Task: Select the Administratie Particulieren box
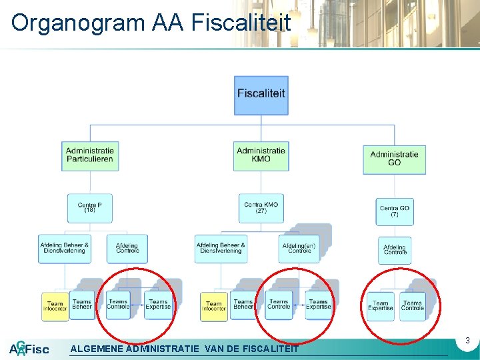point(90,155)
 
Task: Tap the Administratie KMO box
point(261,155)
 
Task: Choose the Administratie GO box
point(394,159)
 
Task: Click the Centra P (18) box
point(89,207)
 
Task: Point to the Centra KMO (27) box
point(261,207)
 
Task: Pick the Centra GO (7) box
point(395,211)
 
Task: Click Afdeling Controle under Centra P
point(127,249)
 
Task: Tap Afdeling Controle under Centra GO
point(395,250)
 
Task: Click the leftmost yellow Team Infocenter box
point(54,306)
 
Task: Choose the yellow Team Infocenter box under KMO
point(213,306)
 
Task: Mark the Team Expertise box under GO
point(381,305)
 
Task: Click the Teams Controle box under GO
point(413,305)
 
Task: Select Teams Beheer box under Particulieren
point(81,305)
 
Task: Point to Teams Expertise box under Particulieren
point(158,305)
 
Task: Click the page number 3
point(467,341)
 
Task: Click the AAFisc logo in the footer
point(29,349)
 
